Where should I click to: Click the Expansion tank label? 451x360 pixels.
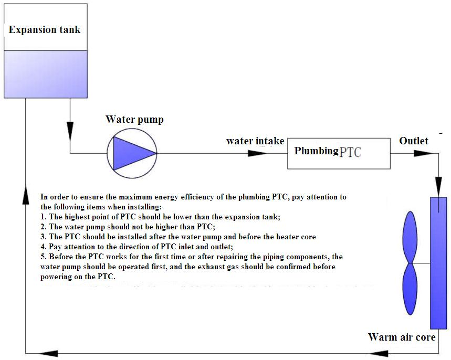45,29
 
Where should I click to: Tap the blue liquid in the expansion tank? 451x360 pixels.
45,73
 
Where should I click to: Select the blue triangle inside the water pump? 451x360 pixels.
128,153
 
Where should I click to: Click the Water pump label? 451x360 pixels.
134,120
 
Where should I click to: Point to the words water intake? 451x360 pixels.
255,141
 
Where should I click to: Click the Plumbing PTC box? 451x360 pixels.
339,153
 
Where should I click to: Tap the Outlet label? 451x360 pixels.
414,141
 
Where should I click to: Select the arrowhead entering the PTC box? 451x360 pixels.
257,153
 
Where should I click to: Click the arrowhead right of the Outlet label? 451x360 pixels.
423,153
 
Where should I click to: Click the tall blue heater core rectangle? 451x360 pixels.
438,262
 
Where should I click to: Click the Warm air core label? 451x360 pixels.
402,337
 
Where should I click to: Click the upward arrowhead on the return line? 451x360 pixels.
25,194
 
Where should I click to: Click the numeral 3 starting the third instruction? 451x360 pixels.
43,237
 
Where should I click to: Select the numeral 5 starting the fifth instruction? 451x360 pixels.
43,257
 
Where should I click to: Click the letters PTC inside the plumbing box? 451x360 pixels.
351,153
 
